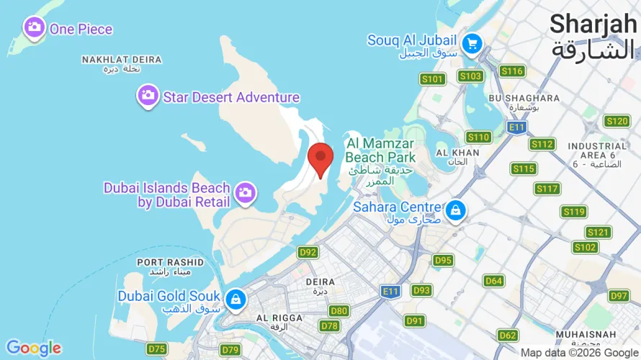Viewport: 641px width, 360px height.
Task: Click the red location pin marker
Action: click(320, 158)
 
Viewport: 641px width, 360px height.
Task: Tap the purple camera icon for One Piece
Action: click(33, 29)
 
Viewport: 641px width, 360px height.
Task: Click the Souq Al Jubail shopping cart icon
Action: click(472, 43)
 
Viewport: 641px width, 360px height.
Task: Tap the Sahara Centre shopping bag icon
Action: click(455, 211)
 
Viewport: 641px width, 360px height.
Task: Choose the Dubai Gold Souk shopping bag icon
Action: click(235, 299)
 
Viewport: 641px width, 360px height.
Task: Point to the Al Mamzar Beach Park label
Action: click(380, 150)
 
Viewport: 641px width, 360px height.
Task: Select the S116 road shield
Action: click(512, 71)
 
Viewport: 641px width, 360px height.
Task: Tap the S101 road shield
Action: click(433, 78)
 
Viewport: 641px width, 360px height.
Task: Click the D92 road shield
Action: click(308, 252)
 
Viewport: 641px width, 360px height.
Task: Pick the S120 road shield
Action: click(617, 121)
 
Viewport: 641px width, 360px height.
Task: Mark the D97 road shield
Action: click(619, 296)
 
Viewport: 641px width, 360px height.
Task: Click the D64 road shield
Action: click(493, 281)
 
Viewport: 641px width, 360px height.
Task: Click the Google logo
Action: click(34, 348)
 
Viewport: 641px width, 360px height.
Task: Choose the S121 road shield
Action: click(599, 232)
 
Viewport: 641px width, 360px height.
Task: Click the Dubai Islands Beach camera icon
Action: click(245, 192)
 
